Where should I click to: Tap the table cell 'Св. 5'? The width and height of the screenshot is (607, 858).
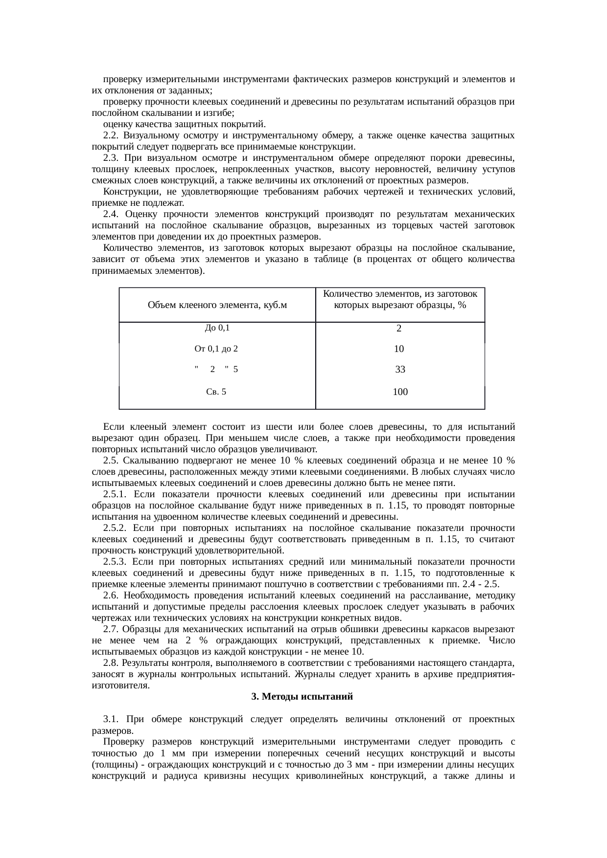click(216, 392)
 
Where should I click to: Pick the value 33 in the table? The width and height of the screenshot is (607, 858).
click(400, 370)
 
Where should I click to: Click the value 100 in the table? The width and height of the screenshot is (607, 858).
click(400, 392)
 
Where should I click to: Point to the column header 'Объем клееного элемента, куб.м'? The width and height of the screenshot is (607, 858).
click(217, 305)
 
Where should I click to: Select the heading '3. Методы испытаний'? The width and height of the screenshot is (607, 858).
click(302, 696)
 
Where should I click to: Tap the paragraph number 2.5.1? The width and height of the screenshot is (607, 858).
click(115, 494)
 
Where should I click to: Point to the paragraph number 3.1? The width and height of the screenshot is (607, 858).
click(111, 720)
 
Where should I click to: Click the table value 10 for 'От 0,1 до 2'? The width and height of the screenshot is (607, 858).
click(399, 349)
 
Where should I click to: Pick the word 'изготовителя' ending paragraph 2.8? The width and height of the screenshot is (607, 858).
click(120, 685)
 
